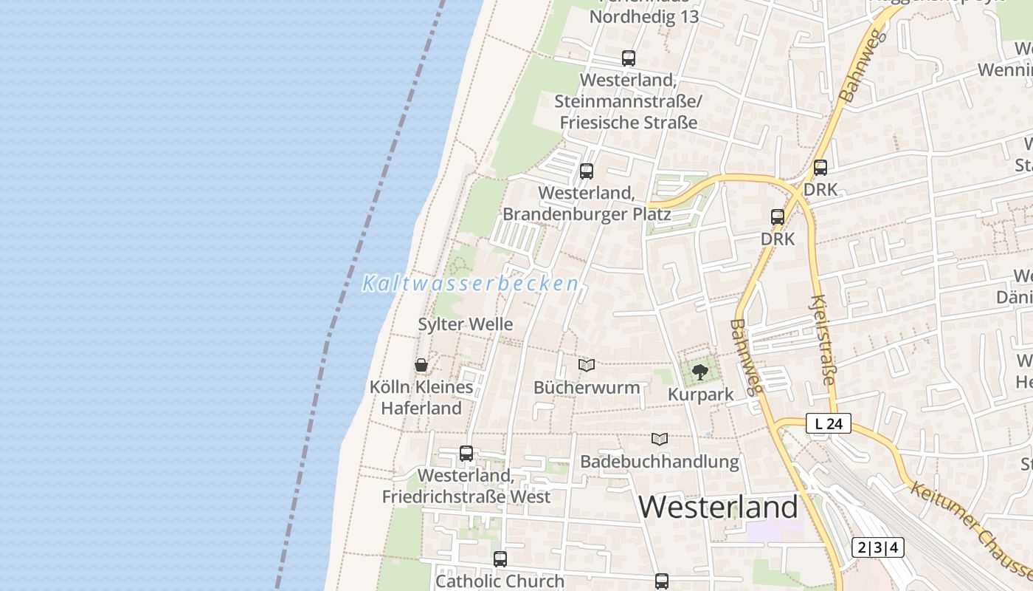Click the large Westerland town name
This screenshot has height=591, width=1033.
(x=718, y=508)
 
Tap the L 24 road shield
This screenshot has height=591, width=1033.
(x=829, y=424)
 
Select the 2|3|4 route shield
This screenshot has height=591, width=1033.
(x=877, y=547)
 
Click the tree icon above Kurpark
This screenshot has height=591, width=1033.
(x=699, y=372)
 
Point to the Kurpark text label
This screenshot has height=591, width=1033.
(x=700, y=394)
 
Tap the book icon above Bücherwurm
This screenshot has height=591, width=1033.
(x=587, y=365)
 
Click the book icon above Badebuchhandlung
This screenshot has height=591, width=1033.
(x=660, y=439)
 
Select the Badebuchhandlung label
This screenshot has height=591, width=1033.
(x=659, y=462)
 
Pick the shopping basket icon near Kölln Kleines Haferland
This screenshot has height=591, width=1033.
(x=421, y=365)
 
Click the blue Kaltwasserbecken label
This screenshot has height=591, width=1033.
(x=470, y=284)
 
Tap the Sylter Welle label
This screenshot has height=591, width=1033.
(x=465, y=324)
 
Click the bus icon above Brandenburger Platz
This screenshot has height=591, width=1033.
(x=587, y=171)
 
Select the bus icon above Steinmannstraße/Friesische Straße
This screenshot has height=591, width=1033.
(x=628, y=58)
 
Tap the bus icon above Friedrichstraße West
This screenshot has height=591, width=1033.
(x=466, y=454)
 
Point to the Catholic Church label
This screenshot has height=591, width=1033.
(x=500, y=581)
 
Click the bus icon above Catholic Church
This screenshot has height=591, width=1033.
(x=500, y=559)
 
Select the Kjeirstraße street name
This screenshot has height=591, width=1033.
(x=822, y=340)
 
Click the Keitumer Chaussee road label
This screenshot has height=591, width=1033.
(x=970, y=530)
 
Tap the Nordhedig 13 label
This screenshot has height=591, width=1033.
(x=643, y=17)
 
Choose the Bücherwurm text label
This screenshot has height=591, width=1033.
(x=587, y=387)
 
